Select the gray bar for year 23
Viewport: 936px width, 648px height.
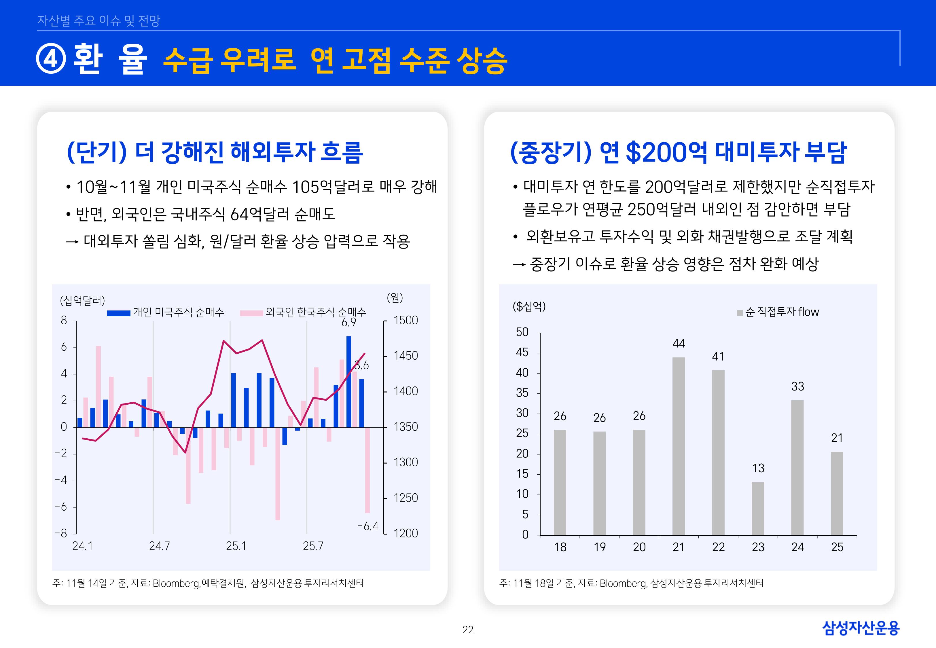pyautogui.click(x=757, y=508)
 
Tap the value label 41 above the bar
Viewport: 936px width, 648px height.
pyautogui.click(x=718, y=357)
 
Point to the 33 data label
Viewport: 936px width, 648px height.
pyautogui.click(x=797, y=386)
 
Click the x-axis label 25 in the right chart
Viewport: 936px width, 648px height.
pyautogui.click(x=837, y=547)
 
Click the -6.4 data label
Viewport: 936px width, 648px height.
pyautogui.click(x=368, y=526)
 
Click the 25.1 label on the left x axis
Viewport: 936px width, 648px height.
pyautogui.click(x=236, y=546)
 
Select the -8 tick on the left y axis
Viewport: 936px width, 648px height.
pyautogui.click(x=61, y=533)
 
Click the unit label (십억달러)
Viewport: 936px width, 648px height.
pyautogui.click(x=82, y=300)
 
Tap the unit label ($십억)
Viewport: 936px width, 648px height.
pyautogui.click(x=529, y=306)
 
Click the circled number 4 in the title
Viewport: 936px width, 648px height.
pyautogui.click(x=51, y=59)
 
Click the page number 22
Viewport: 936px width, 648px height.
pyautogui.click(x=468, y=630)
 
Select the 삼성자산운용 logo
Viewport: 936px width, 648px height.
pyautogui.click(x=861, y=628)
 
